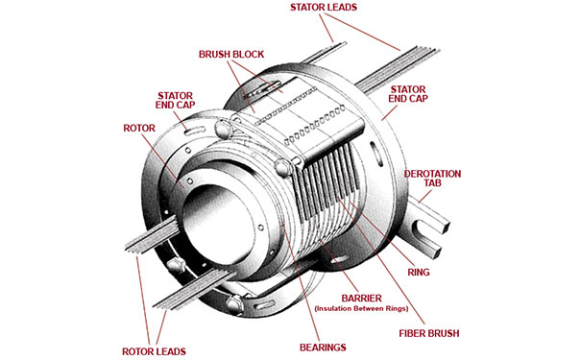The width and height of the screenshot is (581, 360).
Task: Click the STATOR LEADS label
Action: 324,8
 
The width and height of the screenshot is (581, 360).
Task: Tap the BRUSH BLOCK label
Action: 231,55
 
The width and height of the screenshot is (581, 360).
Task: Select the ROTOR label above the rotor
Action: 139,128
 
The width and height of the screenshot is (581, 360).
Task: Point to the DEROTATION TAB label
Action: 432,179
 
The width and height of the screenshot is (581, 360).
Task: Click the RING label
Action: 419,273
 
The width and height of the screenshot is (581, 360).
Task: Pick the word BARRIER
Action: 361,299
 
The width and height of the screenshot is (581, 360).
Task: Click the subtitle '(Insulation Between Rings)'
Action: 361,308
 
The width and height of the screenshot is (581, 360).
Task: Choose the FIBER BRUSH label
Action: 429,333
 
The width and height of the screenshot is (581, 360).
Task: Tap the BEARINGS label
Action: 323,348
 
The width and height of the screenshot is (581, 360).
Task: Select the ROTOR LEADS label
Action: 155,351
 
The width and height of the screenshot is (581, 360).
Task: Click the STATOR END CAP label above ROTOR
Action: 175,101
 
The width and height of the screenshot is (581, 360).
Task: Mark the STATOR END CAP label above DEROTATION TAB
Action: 408,94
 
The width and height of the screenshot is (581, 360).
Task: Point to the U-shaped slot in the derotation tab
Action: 424,230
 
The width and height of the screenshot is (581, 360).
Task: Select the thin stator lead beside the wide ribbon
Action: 324,52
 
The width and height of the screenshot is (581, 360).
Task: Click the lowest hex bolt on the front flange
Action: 235,303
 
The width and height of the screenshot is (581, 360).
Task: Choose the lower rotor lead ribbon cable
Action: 194,290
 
